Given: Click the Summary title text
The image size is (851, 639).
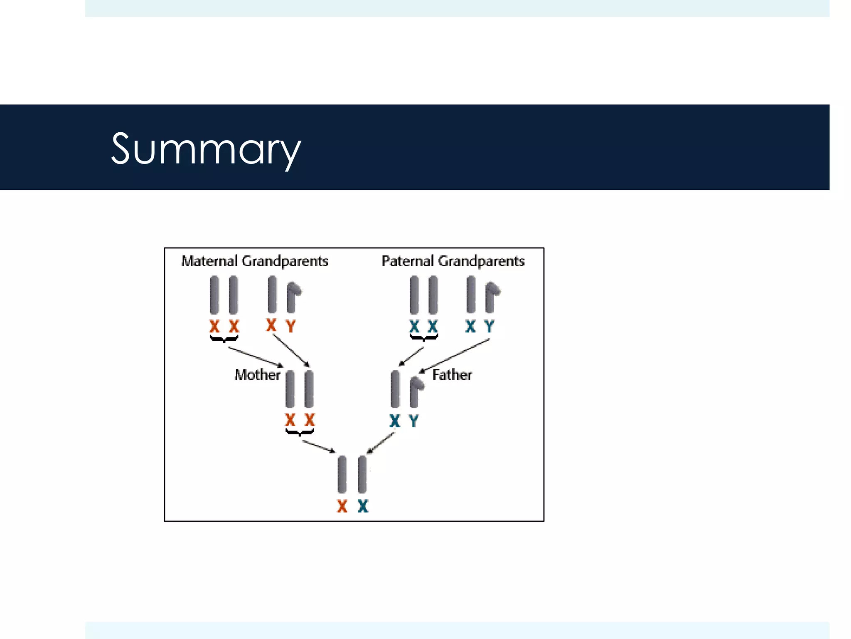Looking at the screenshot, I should pos(206,149).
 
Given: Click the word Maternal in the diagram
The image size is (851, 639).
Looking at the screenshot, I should pos(209,261).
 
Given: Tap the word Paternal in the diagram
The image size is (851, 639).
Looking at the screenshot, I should pos(408,261).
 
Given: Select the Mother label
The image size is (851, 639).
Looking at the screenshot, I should pos(257,375).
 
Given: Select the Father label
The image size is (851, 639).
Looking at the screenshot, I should pos(452,375).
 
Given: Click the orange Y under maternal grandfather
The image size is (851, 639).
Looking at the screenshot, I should pos(291,326).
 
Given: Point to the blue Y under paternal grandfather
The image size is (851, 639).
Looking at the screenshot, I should pos(489,326).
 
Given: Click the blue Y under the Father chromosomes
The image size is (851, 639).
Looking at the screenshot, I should pos(414,421).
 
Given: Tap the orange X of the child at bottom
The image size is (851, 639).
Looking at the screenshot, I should pos(342,506).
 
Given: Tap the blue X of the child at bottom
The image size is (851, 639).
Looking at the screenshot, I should pos(363,506).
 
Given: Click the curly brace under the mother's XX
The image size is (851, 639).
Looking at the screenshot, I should pos(300,433).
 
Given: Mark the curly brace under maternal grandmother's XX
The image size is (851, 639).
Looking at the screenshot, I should pos(224,339).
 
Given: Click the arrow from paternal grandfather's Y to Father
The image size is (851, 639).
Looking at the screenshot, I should pos(455,356).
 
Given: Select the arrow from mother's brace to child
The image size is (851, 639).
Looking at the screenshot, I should pos(319,446).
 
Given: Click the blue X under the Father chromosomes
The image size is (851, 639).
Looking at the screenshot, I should pos(395,421).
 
